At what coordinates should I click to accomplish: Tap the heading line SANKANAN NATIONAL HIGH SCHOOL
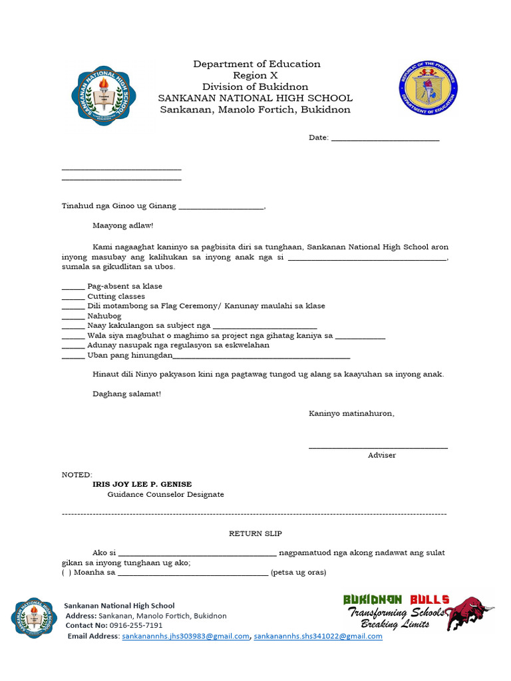click(x=255, y=98)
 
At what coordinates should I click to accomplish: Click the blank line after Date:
click(x=385, y=138)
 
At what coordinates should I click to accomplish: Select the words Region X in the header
click(x=255, y=75)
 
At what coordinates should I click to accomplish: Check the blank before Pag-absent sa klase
click(x=73, y=287)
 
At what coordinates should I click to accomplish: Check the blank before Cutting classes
click(x=73, y=297)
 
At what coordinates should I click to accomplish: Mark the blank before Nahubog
click(x=73, y=317)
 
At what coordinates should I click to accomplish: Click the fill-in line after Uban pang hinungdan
click(x=261, y=357)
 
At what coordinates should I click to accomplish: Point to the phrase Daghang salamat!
click(x=126, y=394)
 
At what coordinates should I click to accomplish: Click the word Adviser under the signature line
click(x=381, y=455)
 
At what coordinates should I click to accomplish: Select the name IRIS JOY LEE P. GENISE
click(x=142, y=484)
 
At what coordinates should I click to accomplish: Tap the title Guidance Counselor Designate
click(x=166, y=495)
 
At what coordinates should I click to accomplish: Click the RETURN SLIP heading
click(x=255, y=533)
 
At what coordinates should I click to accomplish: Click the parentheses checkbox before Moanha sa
click(x=67, y=572)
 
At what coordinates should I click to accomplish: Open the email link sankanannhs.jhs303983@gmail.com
click(x=185, y=636)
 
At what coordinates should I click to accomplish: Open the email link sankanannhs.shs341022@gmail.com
click(x=318, y=636)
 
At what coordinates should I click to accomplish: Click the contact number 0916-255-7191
click(x=136, y=626)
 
